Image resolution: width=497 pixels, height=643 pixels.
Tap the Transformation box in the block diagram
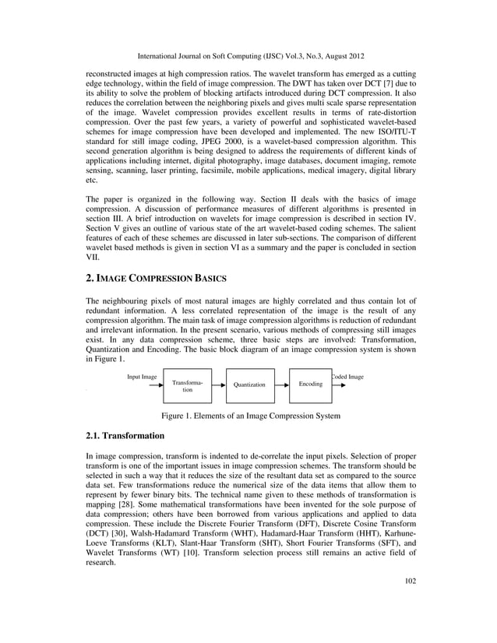188,385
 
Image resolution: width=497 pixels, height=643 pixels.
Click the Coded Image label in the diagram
347,376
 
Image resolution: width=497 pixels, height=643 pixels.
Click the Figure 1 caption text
250,416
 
